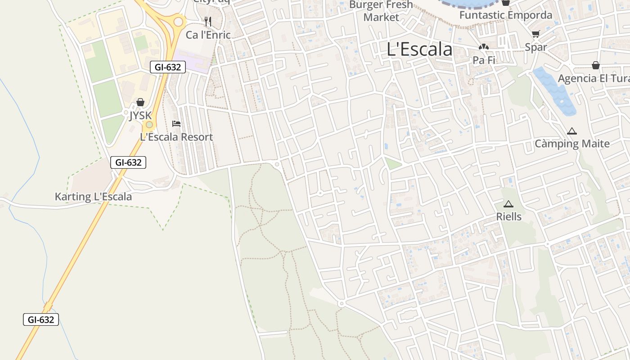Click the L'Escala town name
[x=419, y=49]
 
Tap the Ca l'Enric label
[x=208, y=35]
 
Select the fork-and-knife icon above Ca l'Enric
[x=207, y=21]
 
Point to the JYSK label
[x=140, y=116]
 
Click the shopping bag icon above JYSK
[x=140, y=102]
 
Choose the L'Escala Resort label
[x=176, y=137]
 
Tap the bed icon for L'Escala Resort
[x=176, y=123]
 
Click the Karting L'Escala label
[x=93, y=197]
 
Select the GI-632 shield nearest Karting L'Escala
[x=128, y=162]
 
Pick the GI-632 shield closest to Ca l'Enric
[x=167, y=67]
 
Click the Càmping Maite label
[x=572, y=144]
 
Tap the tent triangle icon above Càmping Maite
[x=572, y=131]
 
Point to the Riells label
[x=508, y=216]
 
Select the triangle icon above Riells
[x=508, y=204]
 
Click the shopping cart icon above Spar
[x=535, y=34]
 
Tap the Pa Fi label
[x=484, y=60]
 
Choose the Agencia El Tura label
[x=593, y=78]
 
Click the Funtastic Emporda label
[x=506, y=15]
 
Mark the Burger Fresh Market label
[x=381, y=11]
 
